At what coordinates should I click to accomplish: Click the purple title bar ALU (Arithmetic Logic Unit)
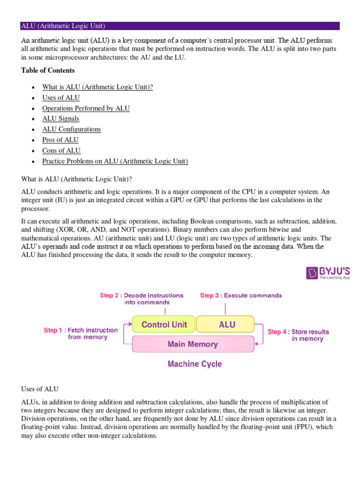click(x=180, y=26)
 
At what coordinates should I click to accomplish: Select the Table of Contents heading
click(x=48, y=70)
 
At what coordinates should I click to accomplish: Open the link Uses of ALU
click(x=61, y=97)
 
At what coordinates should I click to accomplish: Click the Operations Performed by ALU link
click(x=86, y=108)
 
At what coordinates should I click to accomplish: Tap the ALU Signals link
click(x=60, y=119)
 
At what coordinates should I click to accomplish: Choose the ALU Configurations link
click(x=71, y=129)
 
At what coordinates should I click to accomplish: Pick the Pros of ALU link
click(x=60, y=140)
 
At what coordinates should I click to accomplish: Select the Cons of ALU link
click(x=61, y=150)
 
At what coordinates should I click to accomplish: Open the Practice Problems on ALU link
click(x=115, y=161)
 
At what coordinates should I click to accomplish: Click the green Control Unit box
click(x=164, y=324)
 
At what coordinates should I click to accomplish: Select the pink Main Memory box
click(x=193, y=344)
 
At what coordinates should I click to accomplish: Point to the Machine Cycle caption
click(x=195, y=364)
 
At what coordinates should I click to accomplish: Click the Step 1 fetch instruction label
click(x=75, y=333)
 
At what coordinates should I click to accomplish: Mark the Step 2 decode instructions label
click(x=142, y=299)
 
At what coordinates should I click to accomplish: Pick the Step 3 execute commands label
click(x=241, y=295)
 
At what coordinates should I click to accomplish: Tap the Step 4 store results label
click(x=299, y=335)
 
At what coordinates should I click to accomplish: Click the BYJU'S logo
click(x=328, y=273)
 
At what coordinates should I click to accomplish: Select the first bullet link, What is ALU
click(x=97, y=87)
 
